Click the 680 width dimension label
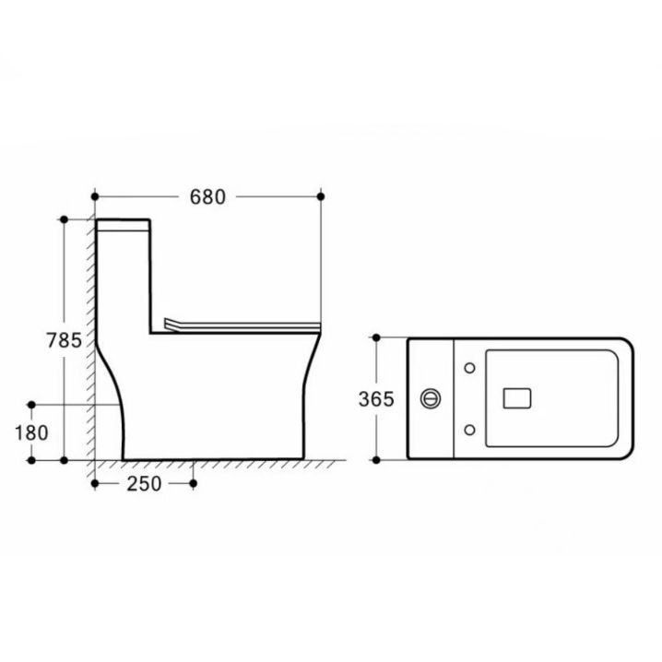(207, 197)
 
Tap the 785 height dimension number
(65, 340)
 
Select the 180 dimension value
(31, 433)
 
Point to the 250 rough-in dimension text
(144, 484)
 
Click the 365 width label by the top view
(376, 399)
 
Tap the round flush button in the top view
(431, 398)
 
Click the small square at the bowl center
(516, 398)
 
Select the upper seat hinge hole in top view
(469, 368)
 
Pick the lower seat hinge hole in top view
(469, 430)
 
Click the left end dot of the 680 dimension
(95, 196)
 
